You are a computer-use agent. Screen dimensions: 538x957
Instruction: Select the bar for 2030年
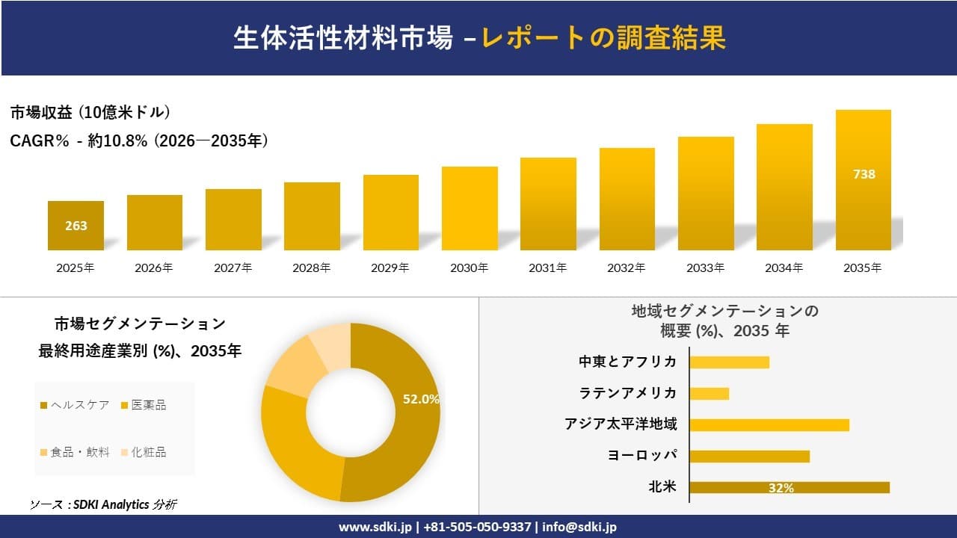coord(470,208)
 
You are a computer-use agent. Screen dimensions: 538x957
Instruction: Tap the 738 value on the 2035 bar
coord(864,174)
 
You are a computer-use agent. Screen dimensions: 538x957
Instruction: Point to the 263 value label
coord(76,226)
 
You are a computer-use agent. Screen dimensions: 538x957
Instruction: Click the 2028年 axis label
coord(312,268)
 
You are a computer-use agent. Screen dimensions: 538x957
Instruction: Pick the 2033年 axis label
coord(706,268)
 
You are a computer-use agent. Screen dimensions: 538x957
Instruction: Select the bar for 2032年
coord(627,199)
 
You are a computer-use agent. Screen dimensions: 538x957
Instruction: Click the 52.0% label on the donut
coord(421,399)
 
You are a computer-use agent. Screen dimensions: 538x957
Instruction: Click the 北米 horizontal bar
coord(790,487)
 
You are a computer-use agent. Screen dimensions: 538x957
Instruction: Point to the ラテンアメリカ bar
coord(709,393)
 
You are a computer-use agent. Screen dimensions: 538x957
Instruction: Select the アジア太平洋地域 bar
coord(769,424)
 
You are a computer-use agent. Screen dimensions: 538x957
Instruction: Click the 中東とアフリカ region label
coord(628,362)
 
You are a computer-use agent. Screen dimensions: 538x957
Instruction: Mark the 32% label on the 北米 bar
coord(781,488)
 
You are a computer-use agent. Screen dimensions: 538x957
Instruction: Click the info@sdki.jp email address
coord(579,527)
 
